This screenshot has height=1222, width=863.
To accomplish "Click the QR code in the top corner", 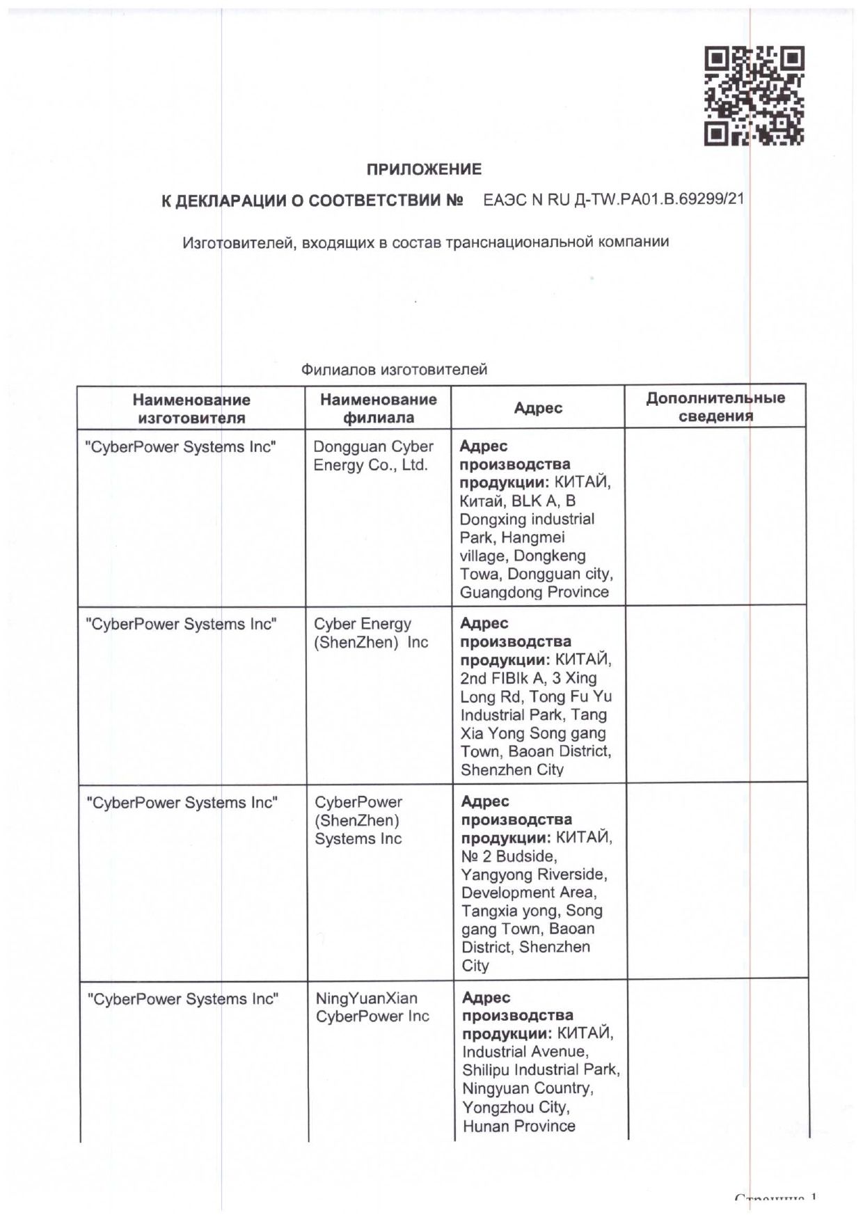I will (754, 95).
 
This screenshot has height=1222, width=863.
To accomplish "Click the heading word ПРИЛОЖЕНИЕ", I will (424, 169).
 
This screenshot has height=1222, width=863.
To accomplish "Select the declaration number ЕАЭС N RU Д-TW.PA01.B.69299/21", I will (613, 199).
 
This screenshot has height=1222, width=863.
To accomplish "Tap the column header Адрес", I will (537, 408).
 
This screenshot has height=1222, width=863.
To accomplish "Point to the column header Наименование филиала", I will (378, 408).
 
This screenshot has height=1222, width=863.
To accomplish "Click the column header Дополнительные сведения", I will (715, 407).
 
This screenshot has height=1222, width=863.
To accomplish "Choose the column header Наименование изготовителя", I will (191, 409).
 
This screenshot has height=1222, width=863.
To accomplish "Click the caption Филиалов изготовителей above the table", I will (394, 370).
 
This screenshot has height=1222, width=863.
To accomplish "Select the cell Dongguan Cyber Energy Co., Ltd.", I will (373, 456).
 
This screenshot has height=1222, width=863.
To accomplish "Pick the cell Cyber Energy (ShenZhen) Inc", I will (371, 633).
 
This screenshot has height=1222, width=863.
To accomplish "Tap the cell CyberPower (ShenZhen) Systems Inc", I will (358, 820).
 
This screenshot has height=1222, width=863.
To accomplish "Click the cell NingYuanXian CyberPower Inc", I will (372, 1007).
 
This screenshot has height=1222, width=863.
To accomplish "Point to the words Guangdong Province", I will (534, 593).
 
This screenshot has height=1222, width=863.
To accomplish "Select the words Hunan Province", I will (518, 1126).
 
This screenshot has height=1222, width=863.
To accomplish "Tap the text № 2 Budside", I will (509, 856).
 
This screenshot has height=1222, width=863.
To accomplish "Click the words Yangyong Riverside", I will (534, 875).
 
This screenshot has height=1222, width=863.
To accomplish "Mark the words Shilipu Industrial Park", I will (540, 1070).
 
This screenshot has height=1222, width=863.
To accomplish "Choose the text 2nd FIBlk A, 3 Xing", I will (528, 678).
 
